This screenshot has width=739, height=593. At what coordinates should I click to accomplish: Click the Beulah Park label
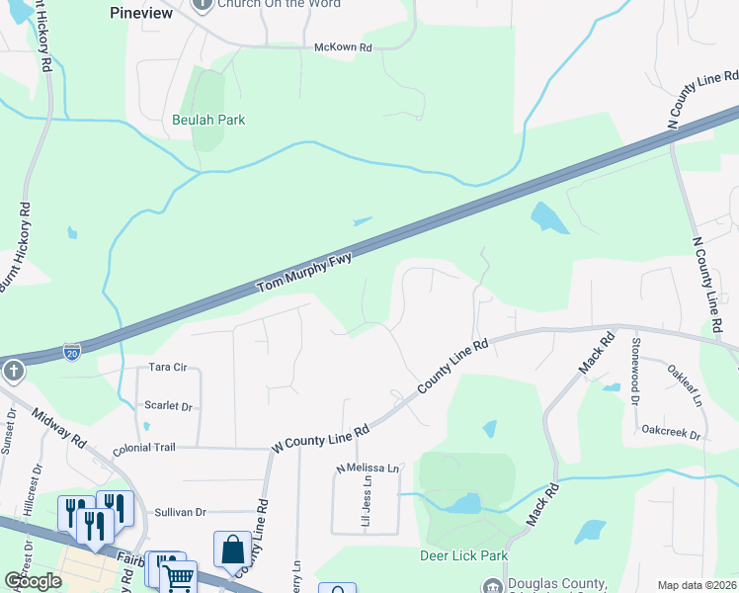pyautogui.click(x=207, y=120)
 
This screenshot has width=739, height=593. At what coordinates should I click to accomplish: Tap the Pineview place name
pyautogui.click(x=140, y=14)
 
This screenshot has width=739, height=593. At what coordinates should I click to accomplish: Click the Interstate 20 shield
pyautogui.click(x=71, y=351)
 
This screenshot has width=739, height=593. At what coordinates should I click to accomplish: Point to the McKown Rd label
pyautogui.click(x=342, y=47)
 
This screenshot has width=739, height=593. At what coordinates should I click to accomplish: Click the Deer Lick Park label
pyautogui.click(x=463, y=556)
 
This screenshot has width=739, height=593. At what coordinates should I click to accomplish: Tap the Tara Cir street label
pyautogui.click(x=167, y=368)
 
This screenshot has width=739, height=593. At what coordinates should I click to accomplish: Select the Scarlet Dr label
pyautogui.click(x=167, y=406)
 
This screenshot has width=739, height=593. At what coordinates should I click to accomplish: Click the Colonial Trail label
pyautogui.click(x=144, y=448)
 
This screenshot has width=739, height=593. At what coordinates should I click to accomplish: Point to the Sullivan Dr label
pyautogui.click(x=180, y=512)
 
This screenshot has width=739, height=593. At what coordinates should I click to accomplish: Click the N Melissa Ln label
pyautogui.click(x=369, y=467)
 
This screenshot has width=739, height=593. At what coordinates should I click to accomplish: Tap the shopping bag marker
pyautogui.click(x=232, y=551)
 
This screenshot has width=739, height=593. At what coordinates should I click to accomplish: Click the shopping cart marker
pyautogui.click(x=178, y=577)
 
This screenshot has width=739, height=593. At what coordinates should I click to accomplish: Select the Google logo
pyautogui.click(x=33, y=580)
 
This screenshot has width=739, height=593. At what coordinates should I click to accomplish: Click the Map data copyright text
pyautogui.click(x=697, y=585)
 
